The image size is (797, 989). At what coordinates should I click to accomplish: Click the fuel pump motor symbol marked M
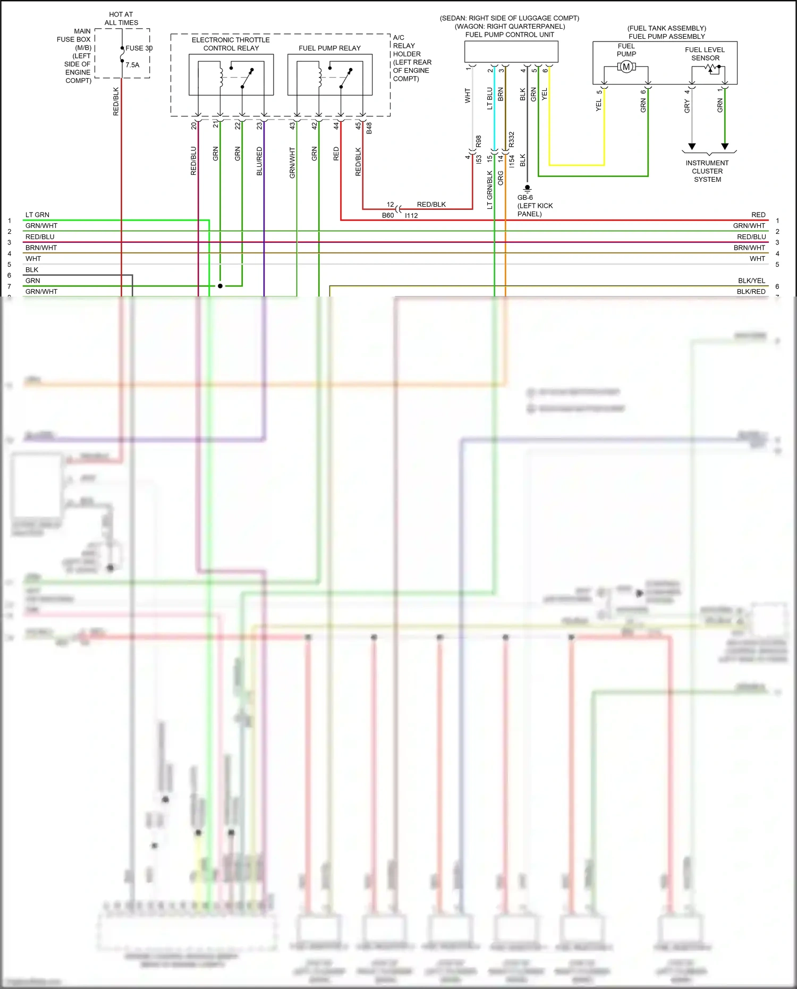pyautogui.click(x=626, y=67)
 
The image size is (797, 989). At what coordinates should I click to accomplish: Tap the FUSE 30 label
pyautogui.click(x=139, y=48)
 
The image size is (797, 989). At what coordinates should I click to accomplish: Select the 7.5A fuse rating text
pyautogui.click(x=132, y=65)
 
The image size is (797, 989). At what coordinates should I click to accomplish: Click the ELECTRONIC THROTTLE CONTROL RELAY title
pyautogui.click(x=231, y=44)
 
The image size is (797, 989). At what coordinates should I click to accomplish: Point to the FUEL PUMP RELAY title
pyautogui.click(x=329, y=48)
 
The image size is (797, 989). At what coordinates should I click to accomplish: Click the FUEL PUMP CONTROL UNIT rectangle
pyautogui.click(x=511, y=52)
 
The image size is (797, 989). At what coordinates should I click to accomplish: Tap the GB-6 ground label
pyautogui.click(x=525, y=198)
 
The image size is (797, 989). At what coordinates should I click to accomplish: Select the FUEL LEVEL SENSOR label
pyautogui.click(x=705, y=54)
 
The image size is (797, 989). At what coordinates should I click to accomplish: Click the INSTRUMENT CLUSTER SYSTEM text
pyautogui.click(x=707, y=171)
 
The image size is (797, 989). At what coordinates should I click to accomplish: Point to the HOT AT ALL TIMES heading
pyautogui.click(x=121, y=19)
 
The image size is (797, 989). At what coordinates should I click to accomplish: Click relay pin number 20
pyautogui.click(x=194, y=126)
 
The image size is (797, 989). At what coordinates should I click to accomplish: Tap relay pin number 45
pyautogui.click(x=358, y=126)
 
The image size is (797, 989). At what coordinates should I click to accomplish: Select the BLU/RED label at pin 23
pyautogui.click(x=259, y=161)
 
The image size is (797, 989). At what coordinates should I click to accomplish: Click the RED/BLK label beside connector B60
pyautogui.click(x=431, y=205)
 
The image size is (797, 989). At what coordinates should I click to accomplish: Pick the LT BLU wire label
pyautogui.click(x=489, y=98)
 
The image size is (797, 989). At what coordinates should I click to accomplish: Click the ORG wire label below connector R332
pyautogui.click(x=501, y=178)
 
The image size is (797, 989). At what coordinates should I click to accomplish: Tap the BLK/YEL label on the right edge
pyautogui.click(x=751, y=281)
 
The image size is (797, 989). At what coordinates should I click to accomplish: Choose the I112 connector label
pyautogui.click(x=411, y=216)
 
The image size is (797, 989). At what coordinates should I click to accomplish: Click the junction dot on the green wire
pyautogui.click(x=220, y=286)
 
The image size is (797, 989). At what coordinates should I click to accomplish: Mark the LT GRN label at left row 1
pyautogui.click(x=37, y=215)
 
